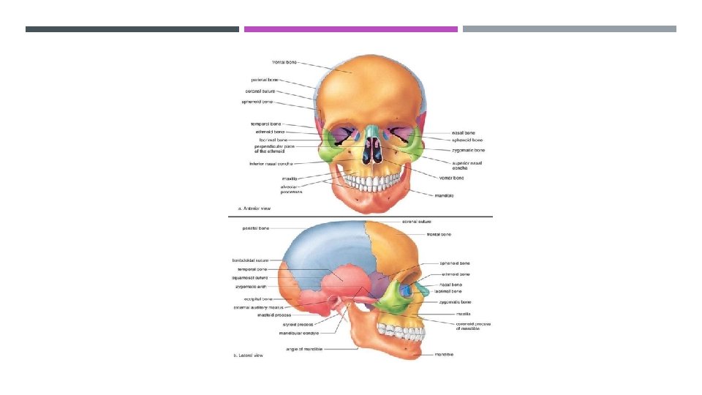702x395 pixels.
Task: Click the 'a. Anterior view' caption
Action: tap(249, 208)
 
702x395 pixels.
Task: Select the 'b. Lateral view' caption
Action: tap(249, 355)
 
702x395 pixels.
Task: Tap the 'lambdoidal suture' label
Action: tap(251, 260)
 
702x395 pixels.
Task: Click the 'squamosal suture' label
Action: tap(252, 278)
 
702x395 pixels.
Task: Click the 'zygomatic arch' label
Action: tap(252, 287)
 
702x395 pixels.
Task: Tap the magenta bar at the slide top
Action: tap(351, 29)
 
